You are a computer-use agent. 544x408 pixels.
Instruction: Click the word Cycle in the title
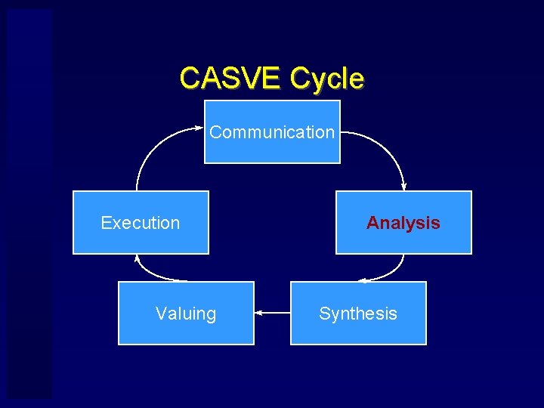coord(326,77)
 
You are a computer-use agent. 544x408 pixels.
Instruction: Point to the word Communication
coord(272,132)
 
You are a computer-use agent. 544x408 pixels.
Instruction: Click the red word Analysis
coord(403,223)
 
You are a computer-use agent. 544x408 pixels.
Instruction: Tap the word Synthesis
coord(358,314)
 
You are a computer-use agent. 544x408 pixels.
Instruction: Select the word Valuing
coord(186,314)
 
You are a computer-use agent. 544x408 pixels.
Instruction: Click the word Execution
coord(141,223)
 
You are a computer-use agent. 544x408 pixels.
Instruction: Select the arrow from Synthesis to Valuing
coord(273,312)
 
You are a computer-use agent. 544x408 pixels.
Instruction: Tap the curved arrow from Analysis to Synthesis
coord(393,272)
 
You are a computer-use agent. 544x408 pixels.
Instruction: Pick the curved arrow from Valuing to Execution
coord(151,274)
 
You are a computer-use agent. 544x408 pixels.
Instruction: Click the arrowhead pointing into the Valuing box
coord(258,312)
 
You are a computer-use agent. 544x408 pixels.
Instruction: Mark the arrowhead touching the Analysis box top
coord(403,187)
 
